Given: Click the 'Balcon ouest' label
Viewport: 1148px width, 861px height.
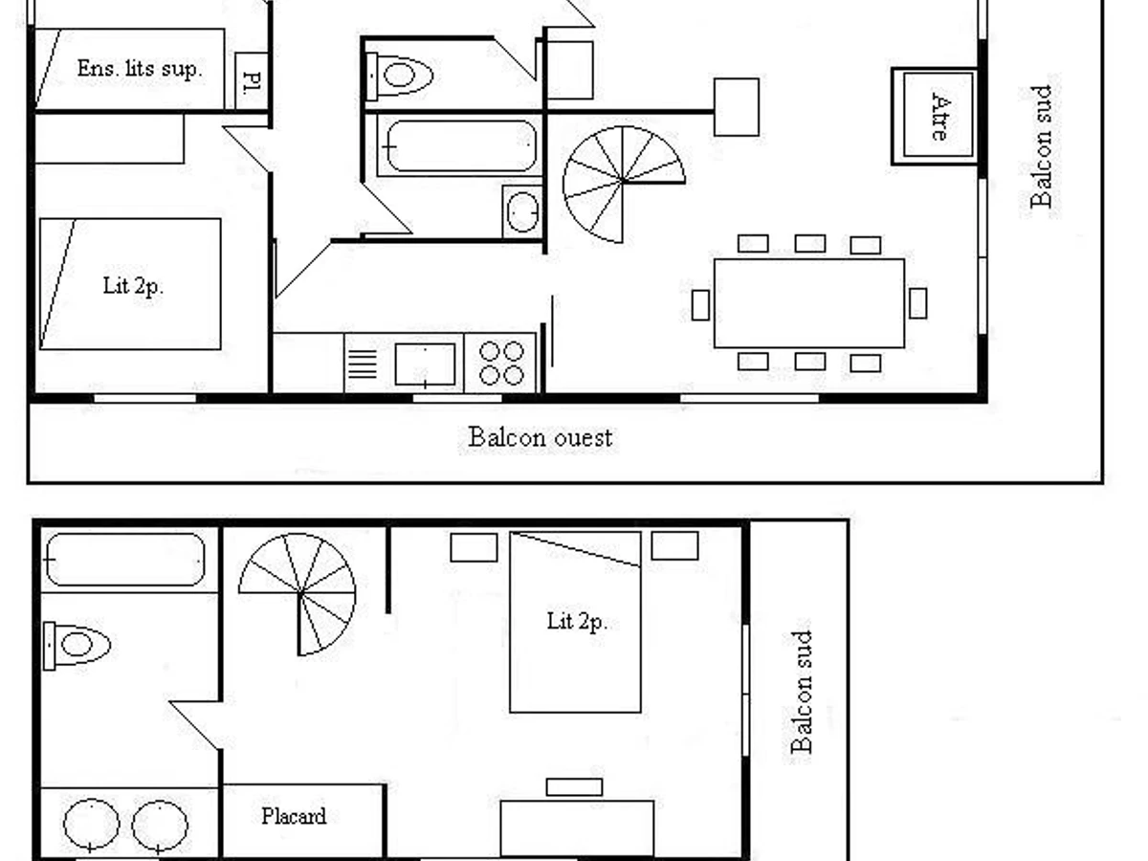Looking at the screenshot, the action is point(540,437).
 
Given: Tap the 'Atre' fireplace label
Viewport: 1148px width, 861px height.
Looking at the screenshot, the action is point(939,117).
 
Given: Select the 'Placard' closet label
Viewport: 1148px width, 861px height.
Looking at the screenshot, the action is point(294,816).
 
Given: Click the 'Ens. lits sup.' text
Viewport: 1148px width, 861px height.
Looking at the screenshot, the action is point(139,69).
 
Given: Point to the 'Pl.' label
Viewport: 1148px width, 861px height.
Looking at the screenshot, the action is point(253,81).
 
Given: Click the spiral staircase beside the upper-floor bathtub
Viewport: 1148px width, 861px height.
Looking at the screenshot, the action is point(624,184).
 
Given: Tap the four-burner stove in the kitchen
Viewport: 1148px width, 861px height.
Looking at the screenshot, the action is point(500,363).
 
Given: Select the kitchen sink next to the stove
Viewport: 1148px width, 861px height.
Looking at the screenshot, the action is point(425,364).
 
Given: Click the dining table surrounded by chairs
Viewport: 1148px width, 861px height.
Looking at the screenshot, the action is point(809,303).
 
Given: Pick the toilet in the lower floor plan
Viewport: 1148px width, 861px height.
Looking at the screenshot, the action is point(77,645).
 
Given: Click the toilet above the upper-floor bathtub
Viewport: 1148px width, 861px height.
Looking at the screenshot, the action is point(399,76).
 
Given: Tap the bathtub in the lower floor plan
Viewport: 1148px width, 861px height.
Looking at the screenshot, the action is point(125,560).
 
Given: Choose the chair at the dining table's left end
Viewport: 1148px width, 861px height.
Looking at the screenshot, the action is point(700,305).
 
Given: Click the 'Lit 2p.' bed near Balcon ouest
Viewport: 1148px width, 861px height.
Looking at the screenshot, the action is point(130,284).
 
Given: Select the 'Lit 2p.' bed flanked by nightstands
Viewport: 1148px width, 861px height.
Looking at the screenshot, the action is point(575,622).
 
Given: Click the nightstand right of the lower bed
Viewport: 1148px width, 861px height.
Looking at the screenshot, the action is point(674,546).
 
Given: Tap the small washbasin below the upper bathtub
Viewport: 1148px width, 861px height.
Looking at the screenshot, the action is point(522,212).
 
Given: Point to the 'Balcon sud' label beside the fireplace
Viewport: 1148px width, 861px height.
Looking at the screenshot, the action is point(1040,147).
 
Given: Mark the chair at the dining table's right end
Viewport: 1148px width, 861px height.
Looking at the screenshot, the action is point(917,303).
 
